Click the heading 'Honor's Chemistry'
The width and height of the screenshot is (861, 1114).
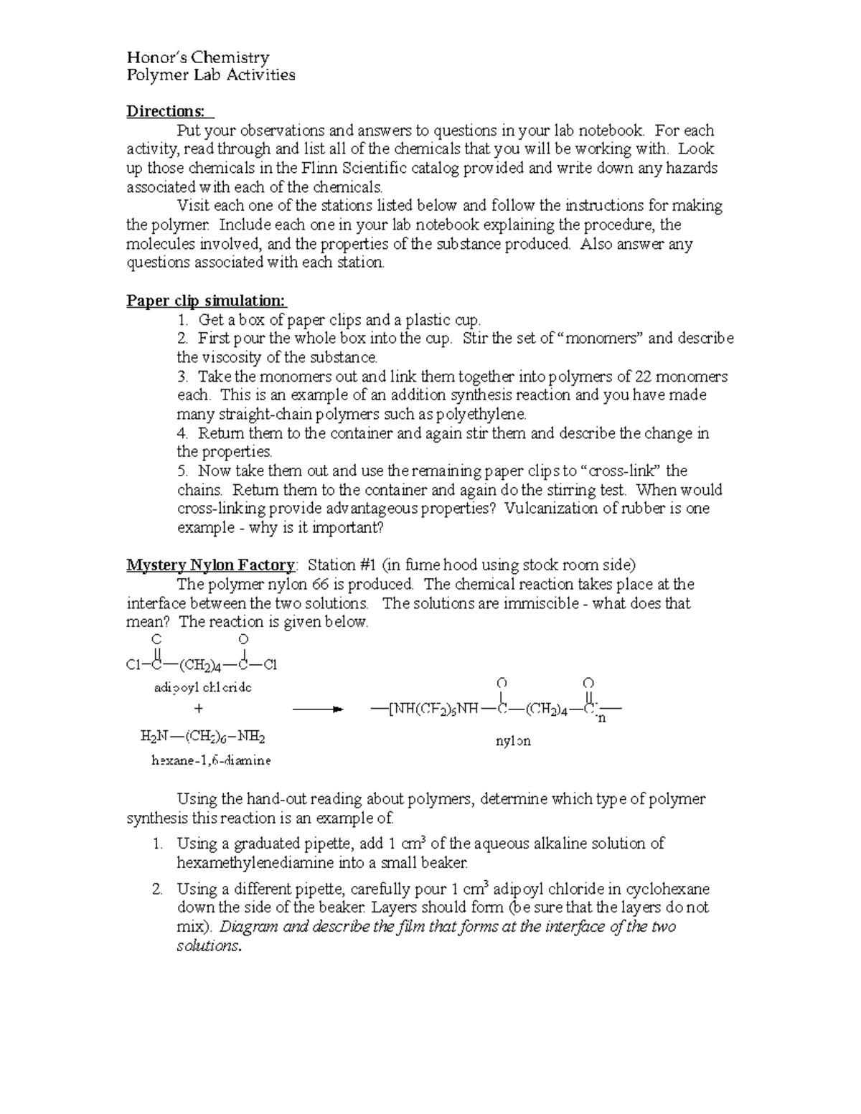tap(197, 57)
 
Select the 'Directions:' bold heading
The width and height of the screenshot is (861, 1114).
tap(169, 111)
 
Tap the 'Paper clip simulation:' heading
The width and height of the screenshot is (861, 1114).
tap(207, 301)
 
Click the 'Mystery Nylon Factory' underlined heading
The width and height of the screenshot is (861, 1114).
tap(210, 565)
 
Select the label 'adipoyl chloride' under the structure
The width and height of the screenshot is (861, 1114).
tap(203, 688)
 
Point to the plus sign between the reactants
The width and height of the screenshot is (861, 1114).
tap(199, 709)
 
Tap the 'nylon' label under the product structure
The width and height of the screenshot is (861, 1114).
tap(513, 741)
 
